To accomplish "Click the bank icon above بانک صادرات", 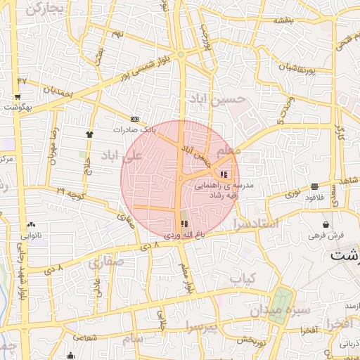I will [x=135, y=119].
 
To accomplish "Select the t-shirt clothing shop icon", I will [x=89, y=134].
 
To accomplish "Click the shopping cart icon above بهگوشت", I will [x=17, y=97].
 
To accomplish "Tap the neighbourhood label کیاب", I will [x=241, y=279].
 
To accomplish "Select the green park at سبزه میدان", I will [x=282, y=306].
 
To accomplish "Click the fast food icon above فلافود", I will [x=314, y=186].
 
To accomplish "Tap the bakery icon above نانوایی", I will [x=31, y=224].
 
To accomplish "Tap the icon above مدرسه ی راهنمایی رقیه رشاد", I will [x=224, y=174].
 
